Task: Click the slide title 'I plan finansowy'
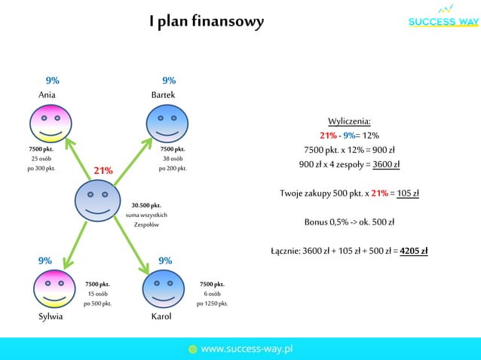(x=206, y=21)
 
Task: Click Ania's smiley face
(x=51, y=124)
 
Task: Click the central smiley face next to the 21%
(x=97, y=200)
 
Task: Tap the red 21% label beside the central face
(x=103, y=170)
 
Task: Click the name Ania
(x=47, y=95)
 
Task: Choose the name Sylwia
(x=51, y=317)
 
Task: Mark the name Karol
(x=161, y=317)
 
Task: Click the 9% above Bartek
(x=169, y=80)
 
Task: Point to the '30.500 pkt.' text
(x=146, y=205)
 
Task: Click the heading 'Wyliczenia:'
(x=349, y=121)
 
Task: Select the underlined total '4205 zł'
(x=414, y=251)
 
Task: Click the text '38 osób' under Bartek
(x=173, y=159)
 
